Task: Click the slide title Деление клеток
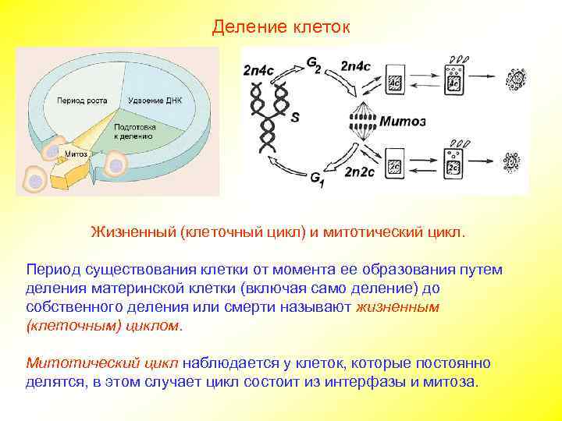282,27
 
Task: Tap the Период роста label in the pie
81,101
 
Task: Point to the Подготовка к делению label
133,131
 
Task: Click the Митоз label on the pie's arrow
75,154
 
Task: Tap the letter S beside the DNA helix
295,119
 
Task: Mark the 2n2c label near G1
361,172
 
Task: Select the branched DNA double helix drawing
268,117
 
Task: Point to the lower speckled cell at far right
512,162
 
